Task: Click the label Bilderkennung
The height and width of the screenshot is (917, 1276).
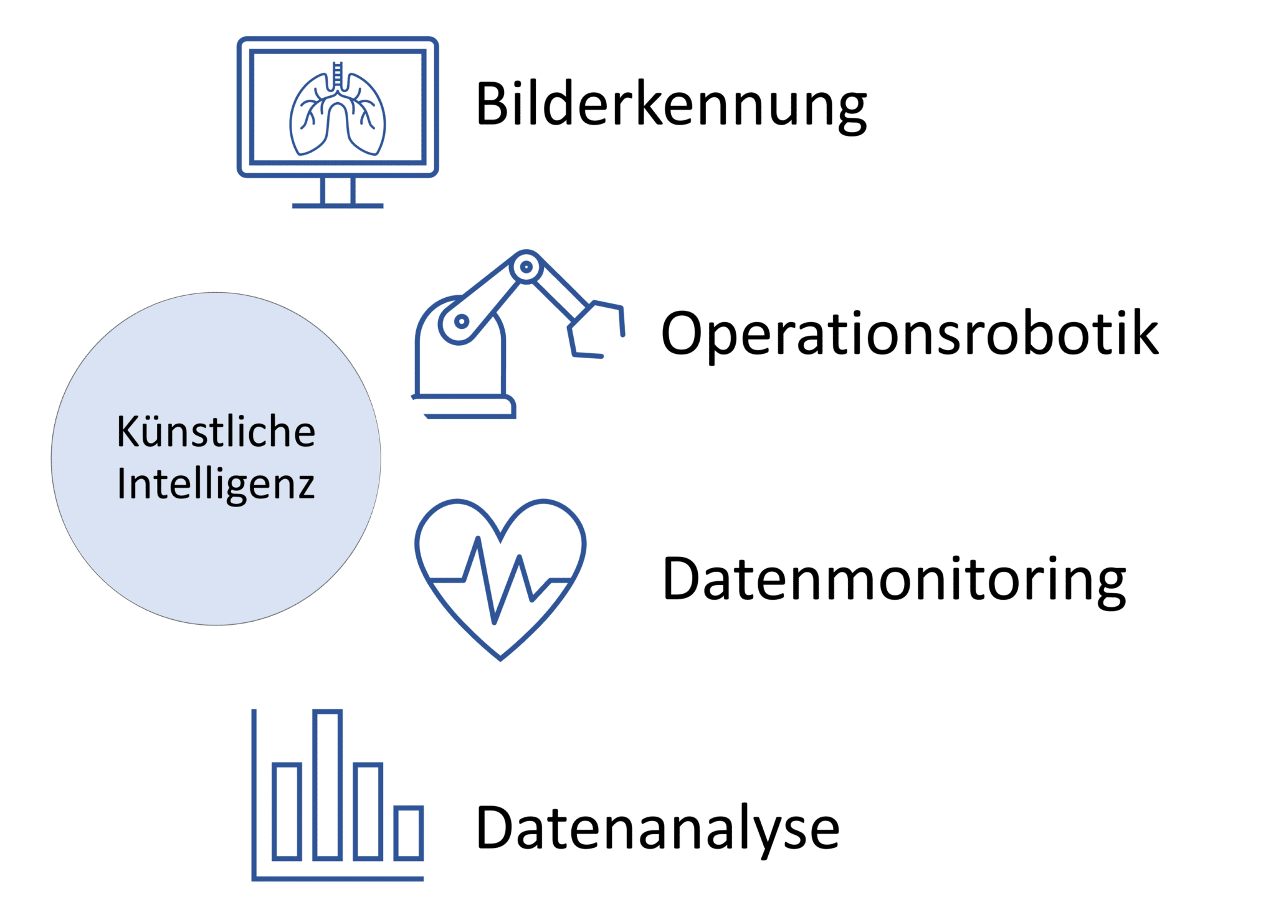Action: click(x=670, y=105)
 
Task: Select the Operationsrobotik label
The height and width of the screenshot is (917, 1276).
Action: click(x=910, y=334)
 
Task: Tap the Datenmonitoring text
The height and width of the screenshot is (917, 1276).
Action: click(x=894, y=579)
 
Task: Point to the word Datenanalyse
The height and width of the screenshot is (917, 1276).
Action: click(x=657, y=829)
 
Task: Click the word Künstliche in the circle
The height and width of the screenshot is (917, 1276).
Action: click(x=216, y=431)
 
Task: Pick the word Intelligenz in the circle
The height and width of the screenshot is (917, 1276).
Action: click(x=216, y=484)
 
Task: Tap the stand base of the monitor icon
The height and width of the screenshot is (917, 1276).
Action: click(x=338, y=204)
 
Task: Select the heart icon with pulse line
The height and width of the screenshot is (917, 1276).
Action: click(x=500, y=576)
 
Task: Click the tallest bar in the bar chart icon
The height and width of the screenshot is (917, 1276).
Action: click(x=328, y=784)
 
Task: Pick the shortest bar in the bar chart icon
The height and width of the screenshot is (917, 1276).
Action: click(x=409, y=832)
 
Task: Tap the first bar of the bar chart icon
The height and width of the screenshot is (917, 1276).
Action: click(x=287, y=810)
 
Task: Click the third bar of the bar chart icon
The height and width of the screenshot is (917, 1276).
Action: click(x=368, y=810)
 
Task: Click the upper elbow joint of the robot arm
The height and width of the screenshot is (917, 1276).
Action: click(x=526, y=267)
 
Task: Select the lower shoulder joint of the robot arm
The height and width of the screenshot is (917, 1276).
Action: click(x=461, y=321)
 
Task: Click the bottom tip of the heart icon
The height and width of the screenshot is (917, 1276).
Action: click(x=500, y=657)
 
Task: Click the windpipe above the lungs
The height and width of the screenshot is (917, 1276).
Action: click(x=338, y=76)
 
